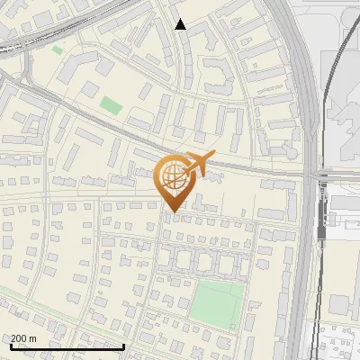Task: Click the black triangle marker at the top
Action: [x=180, y=24]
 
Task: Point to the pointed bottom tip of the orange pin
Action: [x=171, y=211]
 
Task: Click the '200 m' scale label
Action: [x=23, y=338]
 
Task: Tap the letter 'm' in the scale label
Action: [x=32, y=338]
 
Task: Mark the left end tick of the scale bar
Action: [x=11, y=346]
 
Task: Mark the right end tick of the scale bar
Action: [x=124, y=346]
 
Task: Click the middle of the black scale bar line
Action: [x=67, y=346]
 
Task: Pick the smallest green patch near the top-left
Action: [x=58, y=50]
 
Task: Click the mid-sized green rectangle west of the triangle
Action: [x=110, y=105]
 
